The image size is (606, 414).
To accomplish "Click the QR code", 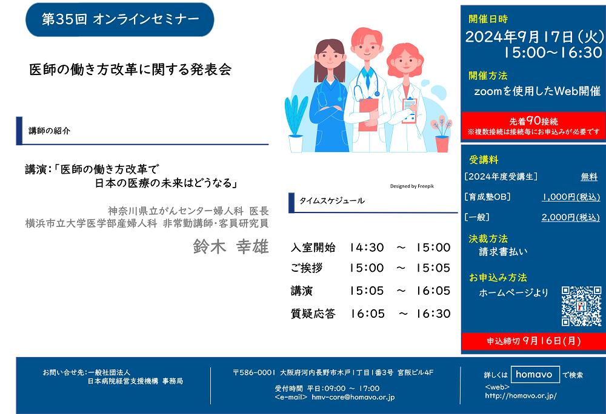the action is (x=581, y=306).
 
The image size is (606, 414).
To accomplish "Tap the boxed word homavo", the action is (x=535, y=374).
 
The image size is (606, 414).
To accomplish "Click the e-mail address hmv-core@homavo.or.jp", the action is (x=353, y=397).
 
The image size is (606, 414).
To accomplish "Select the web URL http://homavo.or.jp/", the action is (x=521, y=395).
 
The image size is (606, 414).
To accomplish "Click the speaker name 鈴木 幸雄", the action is (x=231, y=246).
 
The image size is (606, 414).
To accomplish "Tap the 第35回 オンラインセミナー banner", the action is (x=120, y=19).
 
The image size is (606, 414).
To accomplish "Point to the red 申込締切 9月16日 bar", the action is (x=533, y=341).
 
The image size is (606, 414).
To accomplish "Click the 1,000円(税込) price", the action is (x=571, y=197).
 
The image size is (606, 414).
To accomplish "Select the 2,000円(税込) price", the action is (x=570, y=217).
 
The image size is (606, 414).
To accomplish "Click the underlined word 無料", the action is (x=589, y=177).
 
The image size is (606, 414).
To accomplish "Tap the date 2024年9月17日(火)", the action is (x=534, y=37).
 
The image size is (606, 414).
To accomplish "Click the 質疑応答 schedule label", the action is (x=313, y=314).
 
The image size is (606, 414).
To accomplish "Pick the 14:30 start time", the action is (x=367, y=248).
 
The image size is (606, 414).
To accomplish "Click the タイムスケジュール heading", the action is (x=332, y=200).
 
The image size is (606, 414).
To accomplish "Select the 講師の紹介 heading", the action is (x=50, y=131).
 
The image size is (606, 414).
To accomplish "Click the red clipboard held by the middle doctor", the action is (x=368, y=114).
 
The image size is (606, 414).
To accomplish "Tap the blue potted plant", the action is (x=296, y=123).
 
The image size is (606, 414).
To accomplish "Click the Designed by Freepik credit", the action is (x=412, y=186).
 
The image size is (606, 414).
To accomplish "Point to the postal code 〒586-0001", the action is (x=254, y=372).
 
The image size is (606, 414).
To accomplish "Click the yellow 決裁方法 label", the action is (x=488, y=238).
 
